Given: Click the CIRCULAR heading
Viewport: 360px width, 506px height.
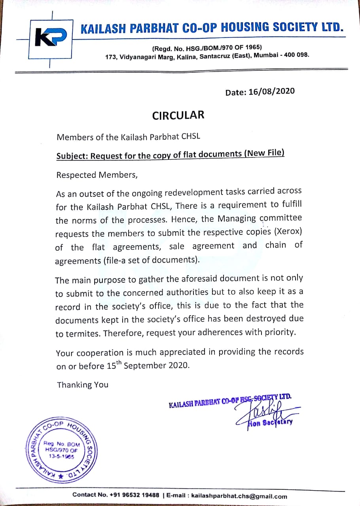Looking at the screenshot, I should tap(178, 115).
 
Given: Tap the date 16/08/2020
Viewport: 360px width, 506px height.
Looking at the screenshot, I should tap(271, 91).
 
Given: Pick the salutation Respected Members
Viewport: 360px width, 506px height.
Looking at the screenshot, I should tap(97, 175).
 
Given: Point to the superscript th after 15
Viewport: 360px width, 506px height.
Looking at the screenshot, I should tap(119, 363).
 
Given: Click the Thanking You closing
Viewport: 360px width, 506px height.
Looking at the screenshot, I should tap(83, 385).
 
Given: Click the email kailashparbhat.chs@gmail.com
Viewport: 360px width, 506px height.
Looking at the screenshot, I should tap(239, 496).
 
